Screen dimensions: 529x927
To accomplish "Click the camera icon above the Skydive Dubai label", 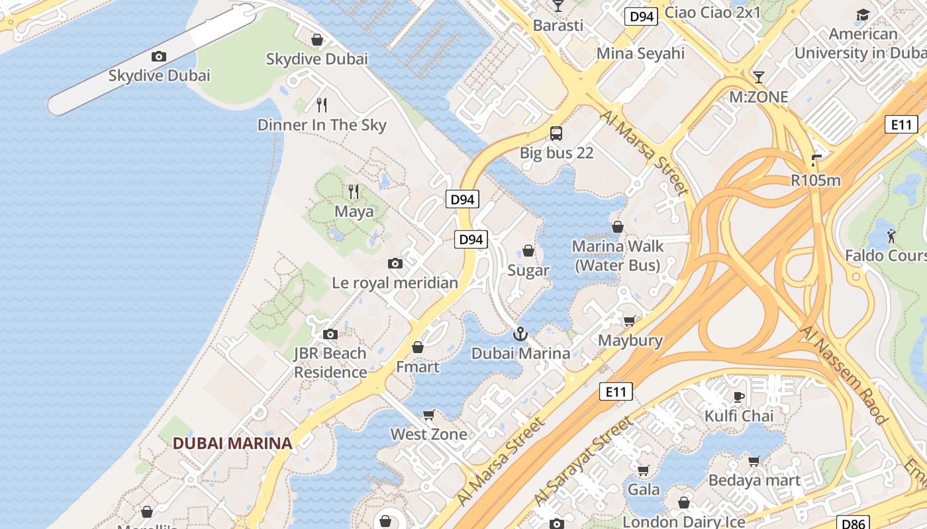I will coord(158,57).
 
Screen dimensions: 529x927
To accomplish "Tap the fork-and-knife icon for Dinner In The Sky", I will coord(322,104).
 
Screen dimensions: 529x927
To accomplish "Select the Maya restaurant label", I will coord(354,212).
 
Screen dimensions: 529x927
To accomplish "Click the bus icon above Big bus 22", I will coord(556,134).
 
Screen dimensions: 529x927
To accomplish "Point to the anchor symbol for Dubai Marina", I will coord(520,334).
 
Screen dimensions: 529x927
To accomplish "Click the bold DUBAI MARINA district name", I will coord(232,443).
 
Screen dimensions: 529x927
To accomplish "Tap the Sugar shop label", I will coord(528,270).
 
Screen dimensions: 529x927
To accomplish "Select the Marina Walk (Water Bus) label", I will coord(617,256).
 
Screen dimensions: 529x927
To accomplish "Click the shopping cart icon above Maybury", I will coord(629,321).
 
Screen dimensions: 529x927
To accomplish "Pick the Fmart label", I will coord(417,366).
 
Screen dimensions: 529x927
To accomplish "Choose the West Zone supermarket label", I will coord(428,434).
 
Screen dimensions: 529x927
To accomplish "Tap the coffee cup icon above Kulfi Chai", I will coord(739,397).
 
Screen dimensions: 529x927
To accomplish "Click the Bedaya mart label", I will coord(754,481).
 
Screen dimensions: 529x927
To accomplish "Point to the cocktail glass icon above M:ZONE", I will coord(758,77).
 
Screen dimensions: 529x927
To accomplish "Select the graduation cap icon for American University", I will coord(863,15).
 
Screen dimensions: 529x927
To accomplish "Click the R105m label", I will coord(815,180).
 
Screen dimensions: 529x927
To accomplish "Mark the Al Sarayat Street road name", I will coord(582,458).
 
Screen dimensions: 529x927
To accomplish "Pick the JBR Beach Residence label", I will coord(330,362).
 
